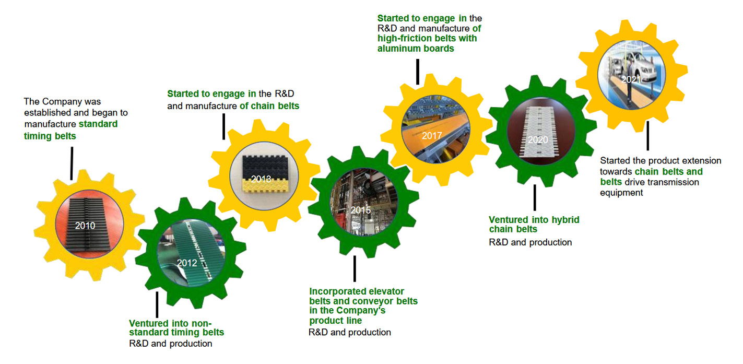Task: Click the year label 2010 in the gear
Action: pos(85,226)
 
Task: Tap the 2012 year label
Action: pos(187,263)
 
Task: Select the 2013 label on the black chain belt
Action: pos(261,179)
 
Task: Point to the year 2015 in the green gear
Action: pos(360,210)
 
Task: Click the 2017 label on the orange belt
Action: pos(432,136)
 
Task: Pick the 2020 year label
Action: pos(537,140)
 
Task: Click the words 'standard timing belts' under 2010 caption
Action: pos(70,130)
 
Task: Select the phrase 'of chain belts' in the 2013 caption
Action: pos(269,107)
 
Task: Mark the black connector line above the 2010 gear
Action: pos(72,156)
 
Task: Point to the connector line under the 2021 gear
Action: pos(647,136)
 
